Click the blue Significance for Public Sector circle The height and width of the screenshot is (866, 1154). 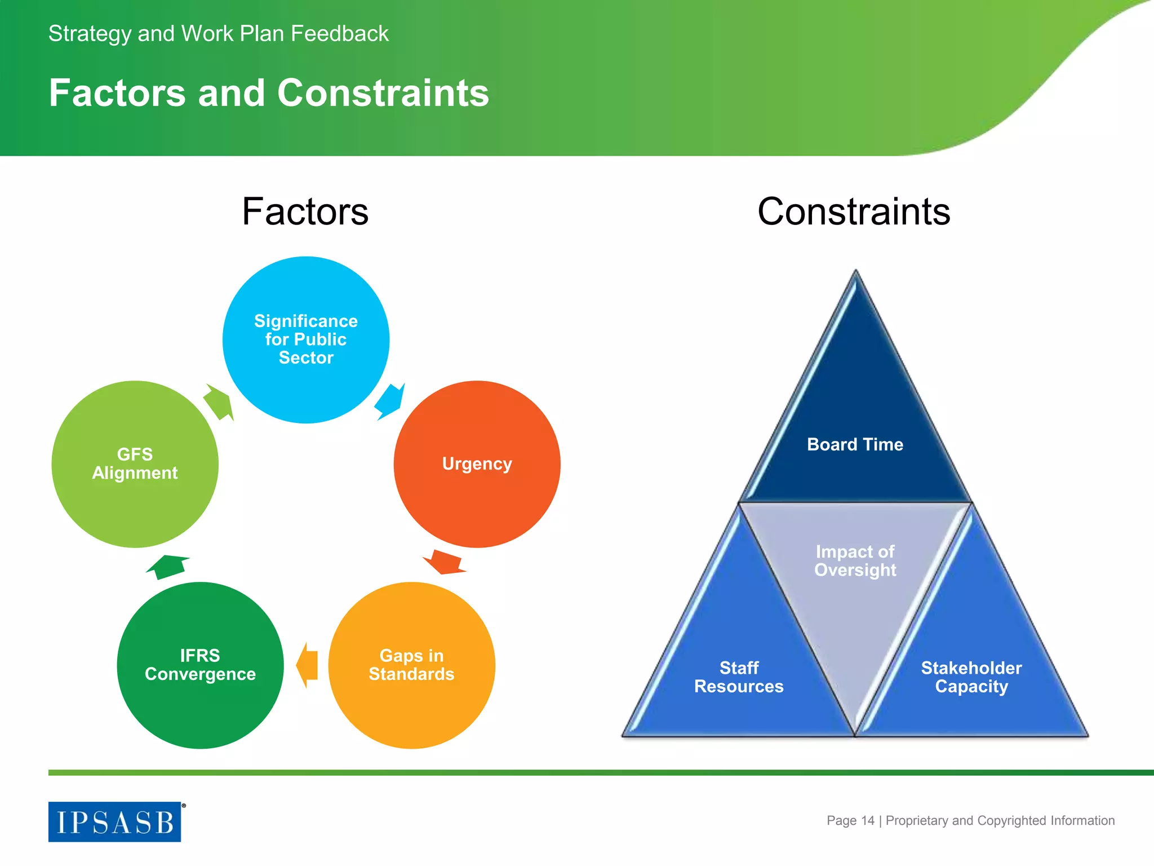tap(305, 339)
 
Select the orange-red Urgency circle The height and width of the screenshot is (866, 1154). tap(477, 463)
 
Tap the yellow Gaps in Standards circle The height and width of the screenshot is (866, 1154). tap(411, 665)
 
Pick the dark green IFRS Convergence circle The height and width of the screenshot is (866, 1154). tap(200, 665)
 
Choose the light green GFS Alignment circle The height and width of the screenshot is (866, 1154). tap(135, 463)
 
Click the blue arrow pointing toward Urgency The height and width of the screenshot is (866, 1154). tap(389, 401)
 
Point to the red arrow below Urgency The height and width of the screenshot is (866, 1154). tap(445, 562)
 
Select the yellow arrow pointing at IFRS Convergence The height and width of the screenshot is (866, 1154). tap(307, 665)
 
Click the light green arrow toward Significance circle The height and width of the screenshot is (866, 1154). tap(219, 402)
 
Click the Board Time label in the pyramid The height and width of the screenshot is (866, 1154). tap(855, 444)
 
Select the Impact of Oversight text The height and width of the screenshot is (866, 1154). tap(855, 560)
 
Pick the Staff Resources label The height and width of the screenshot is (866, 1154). tap(739, 677)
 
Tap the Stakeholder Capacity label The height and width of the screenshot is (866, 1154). tap(971, 677)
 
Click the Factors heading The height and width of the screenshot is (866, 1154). tap(305, 211)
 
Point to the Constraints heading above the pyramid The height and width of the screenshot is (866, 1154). tap(854, 211)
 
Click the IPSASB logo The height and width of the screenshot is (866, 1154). tap(115, 821)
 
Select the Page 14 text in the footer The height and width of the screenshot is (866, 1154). tap(850, 820)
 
